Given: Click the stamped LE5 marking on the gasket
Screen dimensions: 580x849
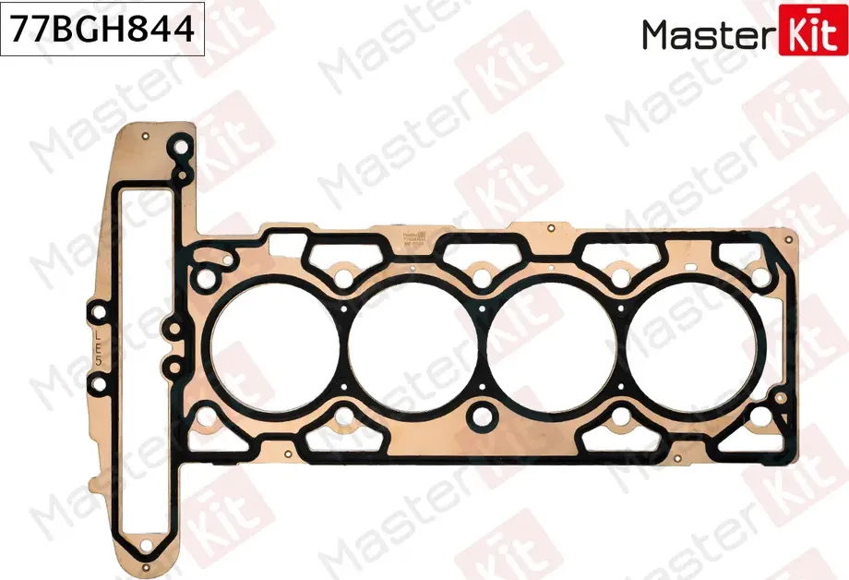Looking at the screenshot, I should click(98, 351).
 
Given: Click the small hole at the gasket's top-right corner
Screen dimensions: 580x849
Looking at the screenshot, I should click(787, 238).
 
